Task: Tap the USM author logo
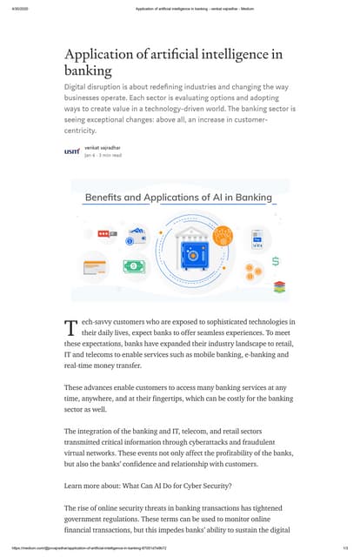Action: (72, 151)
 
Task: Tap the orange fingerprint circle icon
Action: (225, 234)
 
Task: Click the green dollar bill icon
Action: (136, 266)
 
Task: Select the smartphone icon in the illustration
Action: (257, 239)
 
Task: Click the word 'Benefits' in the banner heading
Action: (109, 197)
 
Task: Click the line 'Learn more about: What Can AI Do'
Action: (138, 485)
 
